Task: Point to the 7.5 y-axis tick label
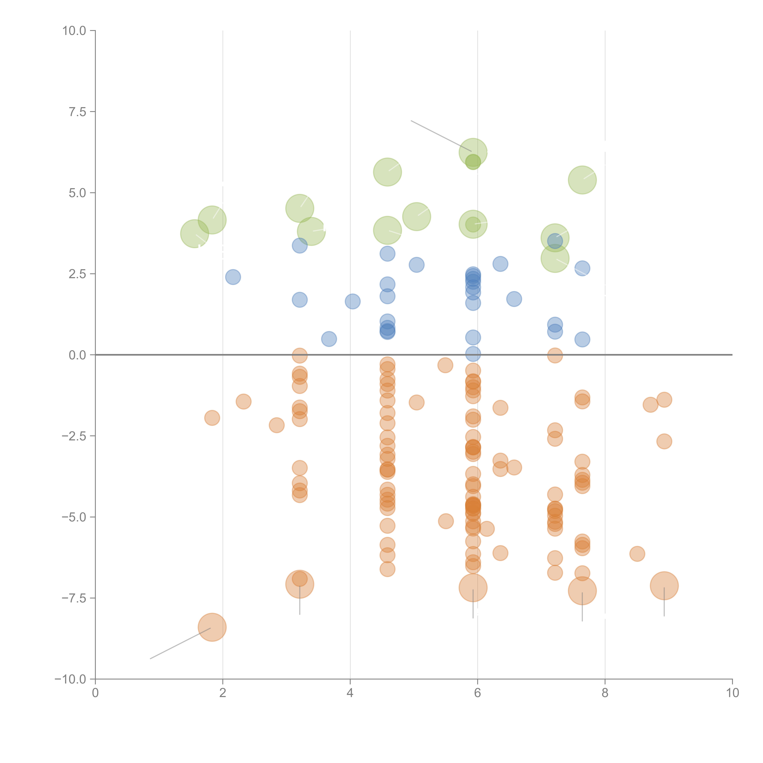tap(77, 112)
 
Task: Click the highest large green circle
tap(473, 152)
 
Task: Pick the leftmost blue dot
tap(233, 277)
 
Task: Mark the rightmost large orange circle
tap(664, 586)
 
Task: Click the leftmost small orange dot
tap(212, 418)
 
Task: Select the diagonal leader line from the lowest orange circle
tap(180, 644)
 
